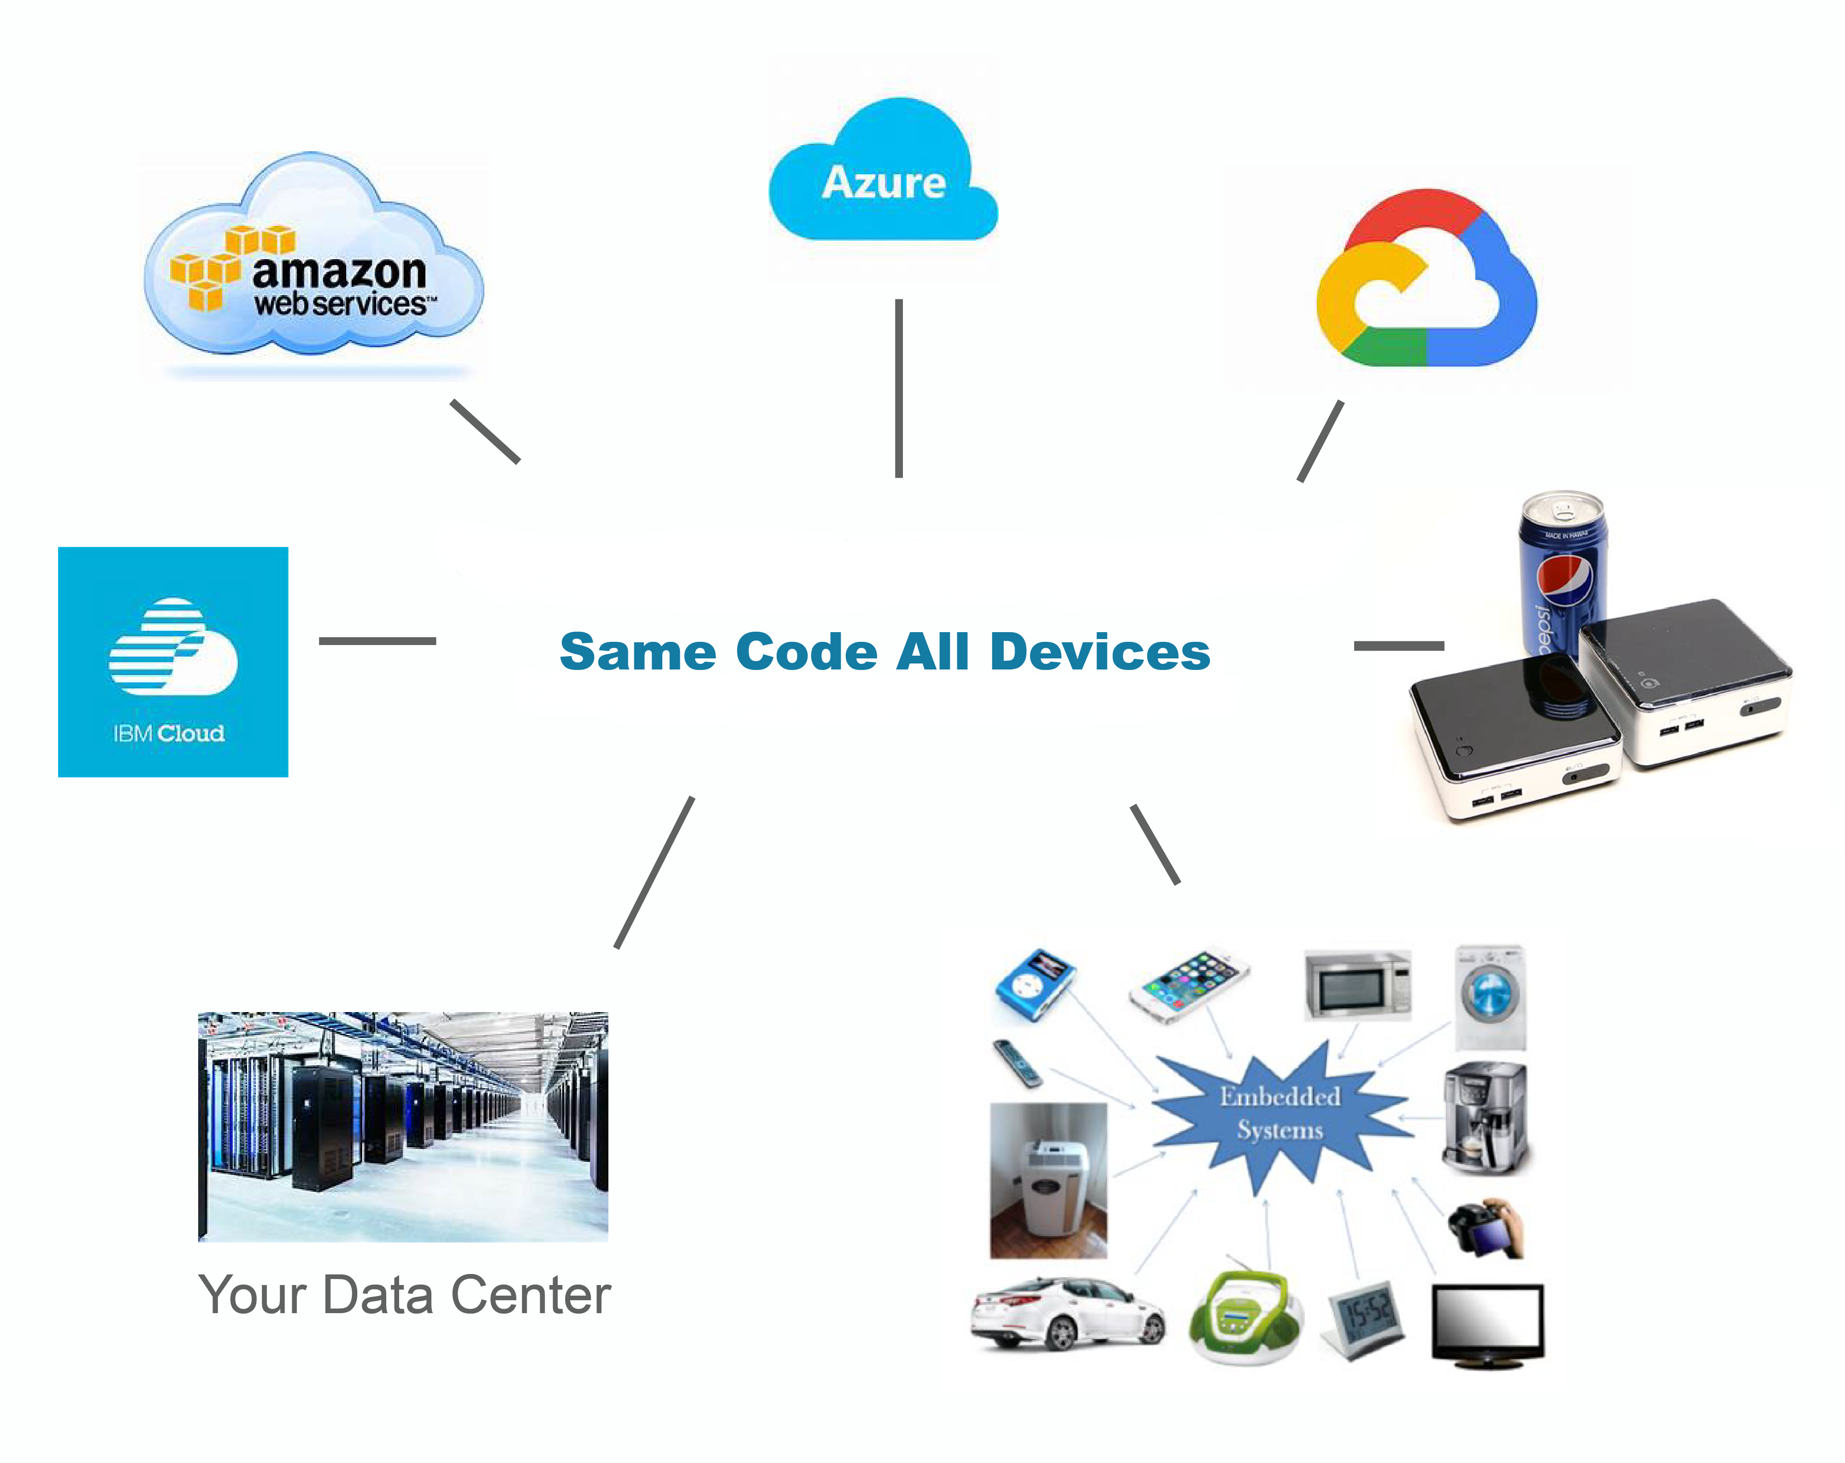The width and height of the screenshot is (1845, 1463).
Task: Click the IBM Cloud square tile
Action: point(173,662)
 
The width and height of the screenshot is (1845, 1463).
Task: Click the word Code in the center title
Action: point(806,652)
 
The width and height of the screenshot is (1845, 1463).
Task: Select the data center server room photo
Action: point(403,1126)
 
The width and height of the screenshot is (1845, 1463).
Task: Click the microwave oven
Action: point(1357,985)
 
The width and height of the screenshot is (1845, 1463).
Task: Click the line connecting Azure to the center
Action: point(899,388)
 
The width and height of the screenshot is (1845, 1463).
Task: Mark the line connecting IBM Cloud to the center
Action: point(377,640)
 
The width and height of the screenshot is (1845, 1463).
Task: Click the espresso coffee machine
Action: point(1485,1118)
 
